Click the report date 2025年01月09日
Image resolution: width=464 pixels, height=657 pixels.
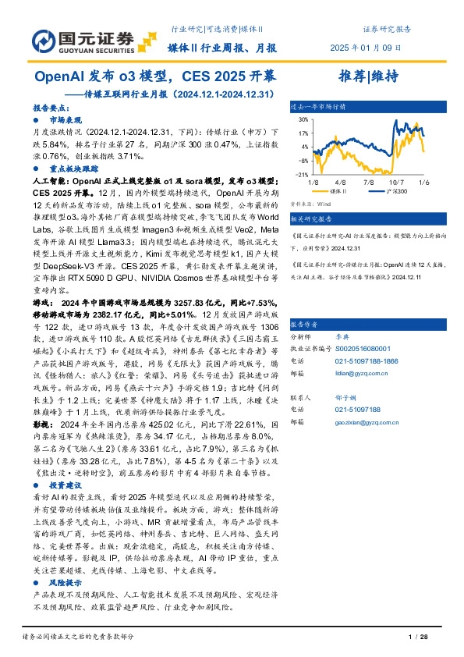coord(370,48)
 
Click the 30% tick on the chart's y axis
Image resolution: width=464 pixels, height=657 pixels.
coord(302,119)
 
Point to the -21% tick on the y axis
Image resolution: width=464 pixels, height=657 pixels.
coord(301,174)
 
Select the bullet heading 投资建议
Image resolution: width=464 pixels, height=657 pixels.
coord(64,484)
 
